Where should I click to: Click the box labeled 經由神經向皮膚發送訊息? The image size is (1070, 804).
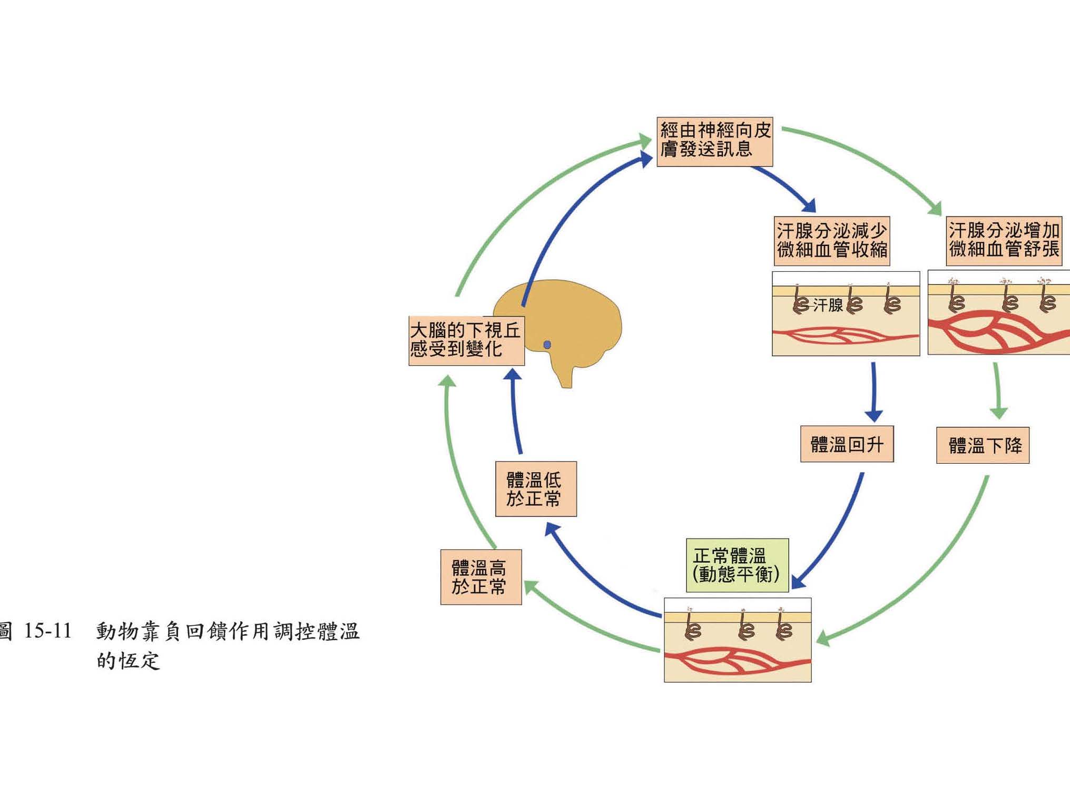pos(714,141)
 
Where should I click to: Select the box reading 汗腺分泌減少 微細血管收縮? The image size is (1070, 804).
pos(831,241)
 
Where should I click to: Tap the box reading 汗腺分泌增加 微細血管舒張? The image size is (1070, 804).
pos(1004,240)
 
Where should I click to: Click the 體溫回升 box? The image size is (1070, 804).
pos(847,444)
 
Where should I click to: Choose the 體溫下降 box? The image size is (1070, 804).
pos(983,446)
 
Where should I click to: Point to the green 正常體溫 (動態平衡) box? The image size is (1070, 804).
pos(737,565)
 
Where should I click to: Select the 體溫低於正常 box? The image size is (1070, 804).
pos(536,489)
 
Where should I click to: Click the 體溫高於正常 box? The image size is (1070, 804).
pos(480,577)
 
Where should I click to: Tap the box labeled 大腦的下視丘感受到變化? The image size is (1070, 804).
pos(466,340)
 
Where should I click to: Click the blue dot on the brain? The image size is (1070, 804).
pos(547,345)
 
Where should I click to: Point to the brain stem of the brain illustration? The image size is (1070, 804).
pos(565,374)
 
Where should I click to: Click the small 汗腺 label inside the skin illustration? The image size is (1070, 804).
pos(828,305)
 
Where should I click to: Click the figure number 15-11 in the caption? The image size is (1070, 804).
pos(47,631)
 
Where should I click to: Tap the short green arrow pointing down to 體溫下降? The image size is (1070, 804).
pos(997,390)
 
